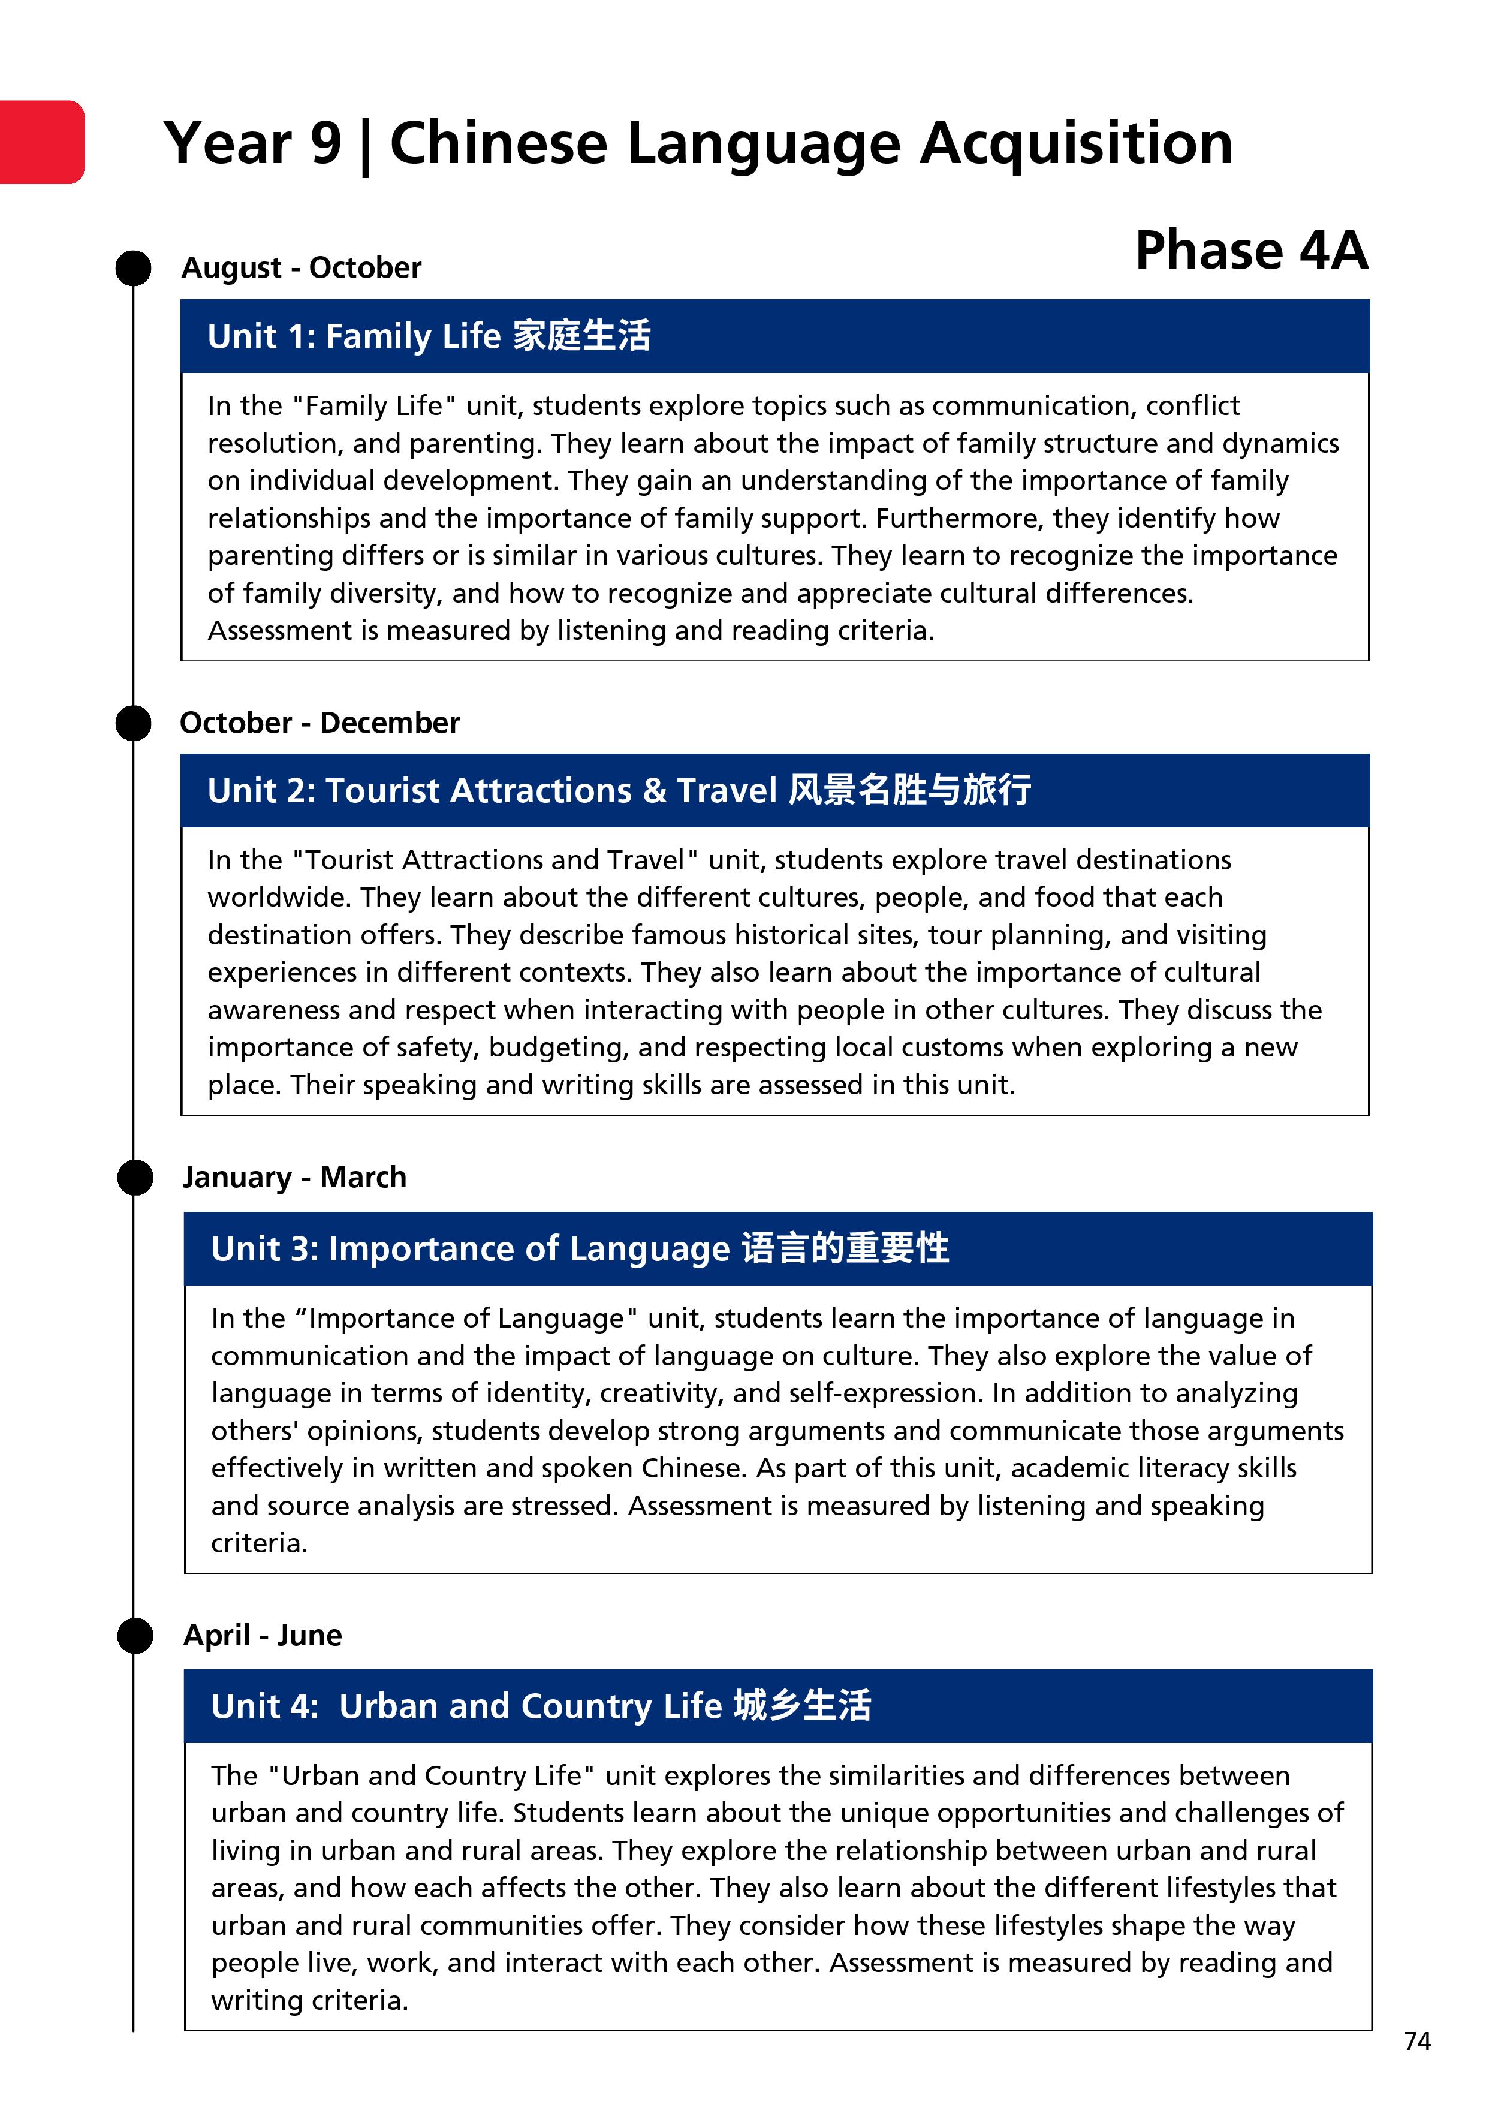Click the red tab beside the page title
41,142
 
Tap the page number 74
1416,2041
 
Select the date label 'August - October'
302,267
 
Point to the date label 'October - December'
319,723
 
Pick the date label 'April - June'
263,1635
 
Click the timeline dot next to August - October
134,269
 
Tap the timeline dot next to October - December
134,723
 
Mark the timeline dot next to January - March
135,1178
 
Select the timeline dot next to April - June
135,1636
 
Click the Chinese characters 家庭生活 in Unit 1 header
582,335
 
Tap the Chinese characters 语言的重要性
845,1248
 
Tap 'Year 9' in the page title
253,144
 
